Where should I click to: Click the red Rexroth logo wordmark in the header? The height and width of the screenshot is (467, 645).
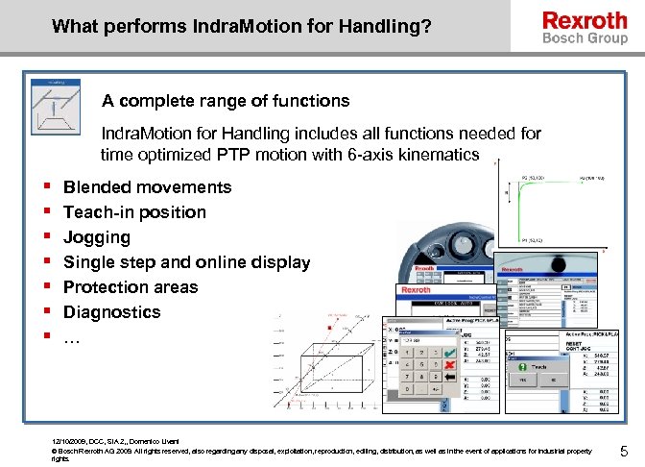[585, 20]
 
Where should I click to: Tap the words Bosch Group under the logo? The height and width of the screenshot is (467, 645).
[585, 38]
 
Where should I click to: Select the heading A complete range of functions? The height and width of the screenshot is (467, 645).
[227, 100]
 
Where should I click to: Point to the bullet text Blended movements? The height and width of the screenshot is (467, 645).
[148, 187]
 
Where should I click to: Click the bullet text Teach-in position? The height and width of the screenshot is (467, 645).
[135, 212]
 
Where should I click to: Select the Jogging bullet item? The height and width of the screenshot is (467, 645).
[97, 237]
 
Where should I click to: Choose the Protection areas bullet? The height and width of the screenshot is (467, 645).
[131, 287]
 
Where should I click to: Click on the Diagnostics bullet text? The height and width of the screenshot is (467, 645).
[112, 312]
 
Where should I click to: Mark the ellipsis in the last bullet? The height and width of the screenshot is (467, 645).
[72, 337]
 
